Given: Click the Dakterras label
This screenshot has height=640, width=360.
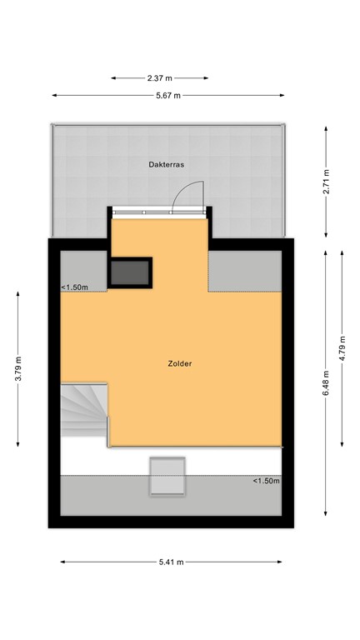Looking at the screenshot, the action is [x=166, y=165].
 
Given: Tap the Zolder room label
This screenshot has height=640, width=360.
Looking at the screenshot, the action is [x=180, y=363].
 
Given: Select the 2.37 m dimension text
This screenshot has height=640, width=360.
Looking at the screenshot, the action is [x=160, y=78].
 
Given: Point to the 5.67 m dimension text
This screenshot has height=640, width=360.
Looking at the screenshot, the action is [x=168, y=96].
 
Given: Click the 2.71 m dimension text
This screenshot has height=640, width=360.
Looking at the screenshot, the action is [x=326, y=181].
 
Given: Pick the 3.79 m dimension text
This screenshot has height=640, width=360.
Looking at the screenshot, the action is [x=18, y=369].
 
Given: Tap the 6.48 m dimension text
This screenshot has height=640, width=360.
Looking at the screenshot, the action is [x=326, y=382].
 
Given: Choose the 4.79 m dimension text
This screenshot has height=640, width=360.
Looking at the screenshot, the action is [x=342, y=348].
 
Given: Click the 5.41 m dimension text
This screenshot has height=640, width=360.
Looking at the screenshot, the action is [x=172, y=562].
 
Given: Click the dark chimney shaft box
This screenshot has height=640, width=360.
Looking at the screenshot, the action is [x=130, y=272].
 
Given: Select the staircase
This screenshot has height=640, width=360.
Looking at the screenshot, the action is [x=84, y=409].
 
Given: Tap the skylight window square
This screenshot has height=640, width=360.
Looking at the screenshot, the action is [x=167, y=476].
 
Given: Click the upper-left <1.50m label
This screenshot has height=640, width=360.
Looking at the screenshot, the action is [x=74, y=287].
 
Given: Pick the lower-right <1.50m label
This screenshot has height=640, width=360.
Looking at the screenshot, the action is [x=266, y=481].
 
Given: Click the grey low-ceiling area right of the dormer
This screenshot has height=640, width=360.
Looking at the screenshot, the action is [x=245, y=271].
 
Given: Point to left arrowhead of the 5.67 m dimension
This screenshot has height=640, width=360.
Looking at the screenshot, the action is [x=54, y=96].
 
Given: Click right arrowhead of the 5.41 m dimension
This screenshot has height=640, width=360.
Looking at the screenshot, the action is [x=280, y=562].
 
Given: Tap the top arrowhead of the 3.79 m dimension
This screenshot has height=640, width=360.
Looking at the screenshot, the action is [x=18, y=294].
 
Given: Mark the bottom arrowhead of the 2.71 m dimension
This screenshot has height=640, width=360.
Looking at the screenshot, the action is [x=326, y=235].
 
